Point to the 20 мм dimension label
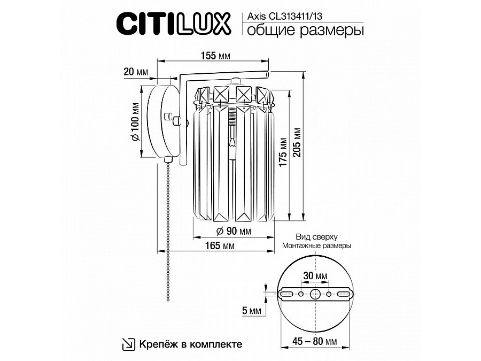click(x=135, y=72)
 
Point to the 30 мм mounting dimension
click(x=315, y=276)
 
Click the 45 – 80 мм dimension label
click(x=315, y=341)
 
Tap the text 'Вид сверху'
click(x=317, y=236)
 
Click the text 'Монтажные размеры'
click(x=317, y=245)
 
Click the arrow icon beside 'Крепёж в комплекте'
click(x=128, y=344)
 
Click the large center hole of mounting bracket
click(x=315, y=294)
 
